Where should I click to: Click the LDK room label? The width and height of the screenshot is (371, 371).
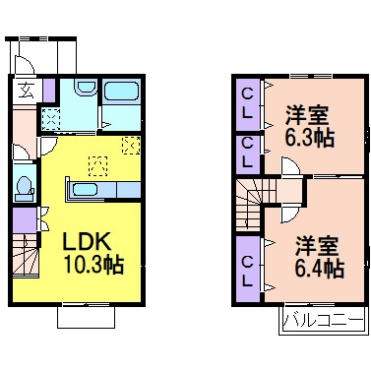tap(87, 241)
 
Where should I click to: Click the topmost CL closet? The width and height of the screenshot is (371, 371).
tap(247, 102)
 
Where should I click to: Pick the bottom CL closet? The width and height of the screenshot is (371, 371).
tap(248, 266)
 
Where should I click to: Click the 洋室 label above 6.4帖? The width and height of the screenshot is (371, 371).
tap(319, 241)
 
